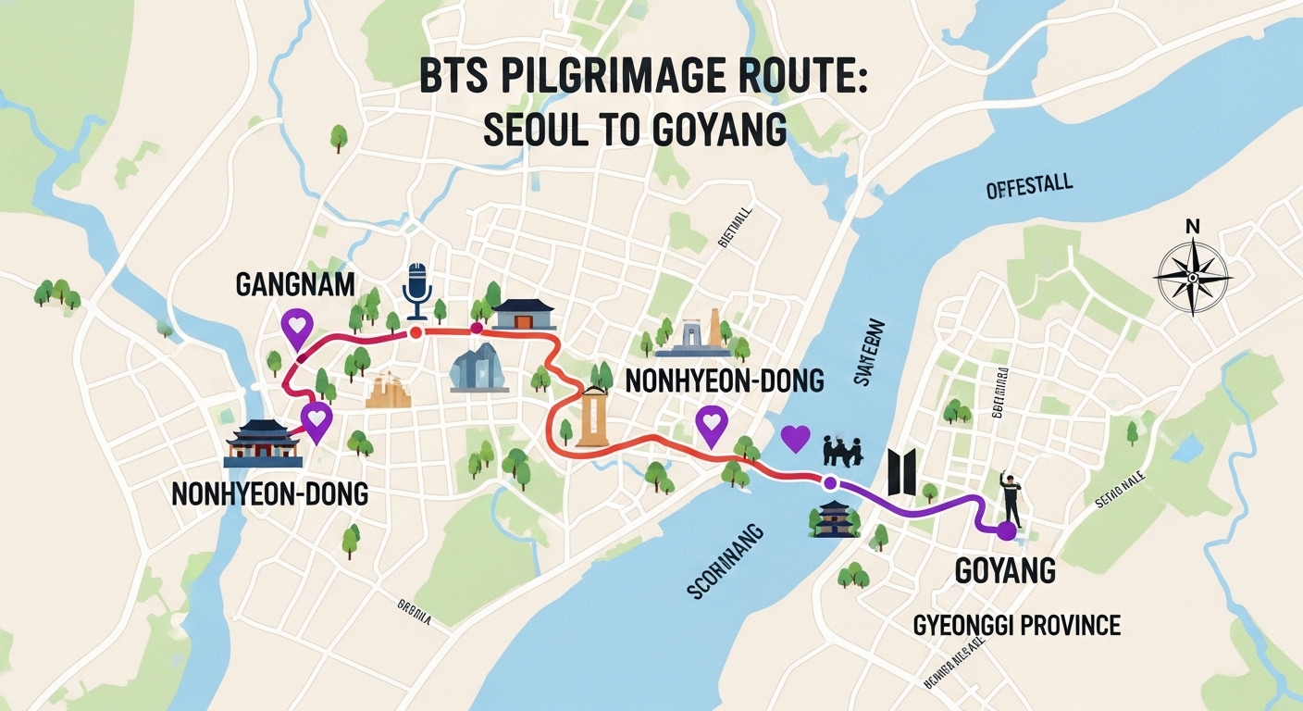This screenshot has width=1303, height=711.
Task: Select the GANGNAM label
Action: click(294, 284)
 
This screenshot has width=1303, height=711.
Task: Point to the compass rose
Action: click(1193, 277)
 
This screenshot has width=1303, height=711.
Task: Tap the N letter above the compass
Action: click(1192, 226)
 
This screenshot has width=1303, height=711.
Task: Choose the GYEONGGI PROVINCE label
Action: click(1016, 625)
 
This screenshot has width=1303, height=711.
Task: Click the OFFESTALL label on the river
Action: click(1029, 187)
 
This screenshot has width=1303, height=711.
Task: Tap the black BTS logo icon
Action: click(901, 470)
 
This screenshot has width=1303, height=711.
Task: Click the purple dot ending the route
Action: click(1006, 531)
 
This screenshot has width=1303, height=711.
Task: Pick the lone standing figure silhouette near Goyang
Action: click(1011, 497)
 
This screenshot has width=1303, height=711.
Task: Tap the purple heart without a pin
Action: click(795, 438)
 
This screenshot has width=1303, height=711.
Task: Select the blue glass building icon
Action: click(478, 368)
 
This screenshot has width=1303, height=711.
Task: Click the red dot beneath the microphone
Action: click(416, 331)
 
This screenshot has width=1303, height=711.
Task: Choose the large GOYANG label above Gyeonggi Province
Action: click(1004, 571)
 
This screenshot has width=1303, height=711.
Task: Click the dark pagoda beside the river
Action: click(832, 518)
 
